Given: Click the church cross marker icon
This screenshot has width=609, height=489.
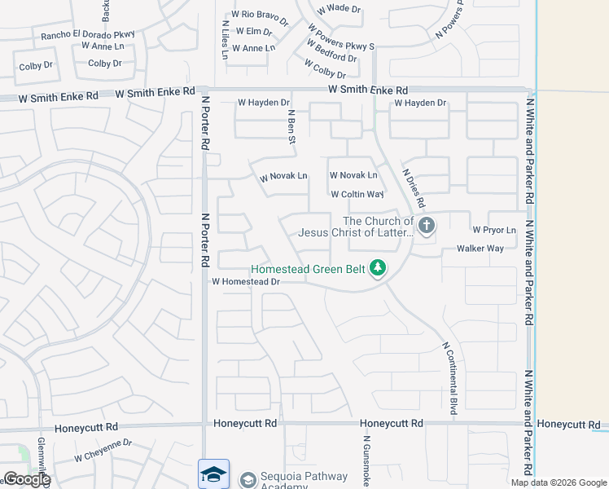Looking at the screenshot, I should [x=427, y=224].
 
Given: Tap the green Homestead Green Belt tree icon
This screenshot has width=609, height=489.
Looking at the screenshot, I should [x=377, y=267].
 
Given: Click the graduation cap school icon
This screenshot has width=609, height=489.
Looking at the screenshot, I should [x=213, y=474].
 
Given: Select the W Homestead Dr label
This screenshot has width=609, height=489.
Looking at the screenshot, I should [x=246, y=282].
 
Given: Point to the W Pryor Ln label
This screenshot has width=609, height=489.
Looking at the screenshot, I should [x=494, y=231].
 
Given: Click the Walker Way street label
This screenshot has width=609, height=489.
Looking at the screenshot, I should [x=480, y=249].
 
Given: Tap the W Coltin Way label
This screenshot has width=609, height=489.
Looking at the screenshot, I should [x=357, y=195].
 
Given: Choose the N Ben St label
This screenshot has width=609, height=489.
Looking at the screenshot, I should [x=291, y=129].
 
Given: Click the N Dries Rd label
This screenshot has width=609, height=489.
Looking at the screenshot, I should [x=414, y=188].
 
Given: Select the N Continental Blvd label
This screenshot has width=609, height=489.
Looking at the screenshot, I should [x=449, y=377].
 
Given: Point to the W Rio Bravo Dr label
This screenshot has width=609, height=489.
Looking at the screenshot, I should [x=260, y=15].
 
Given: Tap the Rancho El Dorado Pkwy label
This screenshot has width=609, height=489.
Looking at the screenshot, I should [x=88, y=35].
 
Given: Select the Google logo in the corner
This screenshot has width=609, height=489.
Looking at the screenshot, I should [x=26, y=479].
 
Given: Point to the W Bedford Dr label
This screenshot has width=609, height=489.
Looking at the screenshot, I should [x=332, y=58].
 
